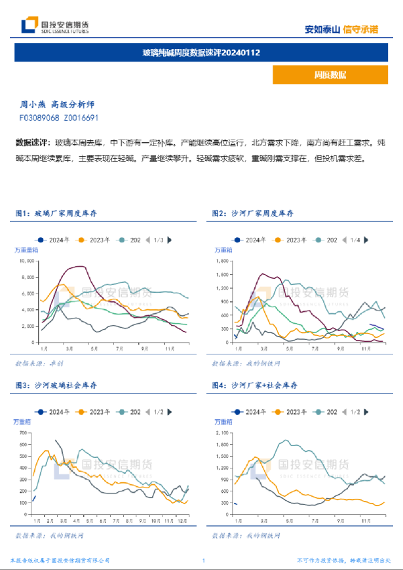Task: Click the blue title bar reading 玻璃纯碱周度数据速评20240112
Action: [x=201, y=52]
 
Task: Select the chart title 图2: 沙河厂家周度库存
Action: [x=252, y=213]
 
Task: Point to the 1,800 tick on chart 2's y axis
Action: [x=223, y=261]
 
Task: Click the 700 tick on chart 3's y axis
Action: [x=24, y=433]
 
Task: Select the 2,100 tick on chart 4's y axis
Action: [x=223, y=433]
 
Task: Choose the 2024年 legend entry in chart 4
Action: [x=253, y=412]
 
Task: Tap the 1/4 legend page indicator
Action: [x=355, y=240]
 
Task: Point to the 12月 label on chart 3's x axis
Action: [x=183, y=521]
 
